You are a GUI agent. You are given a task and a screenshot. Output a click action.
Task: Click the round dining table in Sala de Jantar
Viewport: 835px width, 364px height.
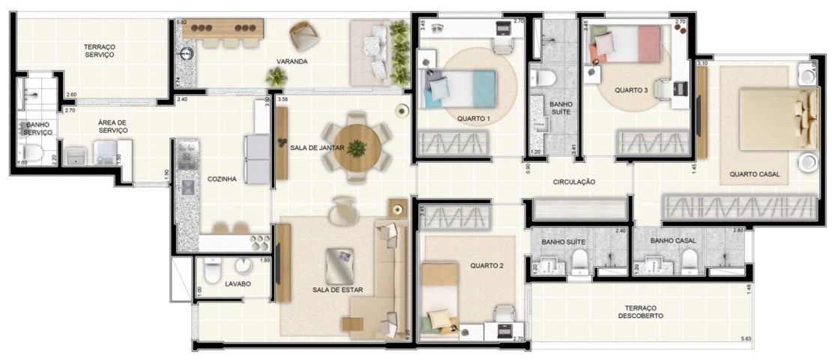click(x=358, y=148)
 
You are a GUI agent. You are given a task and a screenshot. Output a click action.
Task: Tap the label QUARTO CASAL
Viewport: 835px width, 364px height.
click(x=754, y=174)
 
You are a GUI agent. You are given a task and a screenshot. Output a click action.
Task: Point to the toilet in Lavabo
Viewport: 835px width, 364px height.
click(x=213, y=268)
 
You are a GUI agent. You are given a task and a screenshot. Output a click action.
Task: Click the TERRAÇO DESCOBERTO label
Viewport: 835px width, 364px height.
click(x=642, y=312)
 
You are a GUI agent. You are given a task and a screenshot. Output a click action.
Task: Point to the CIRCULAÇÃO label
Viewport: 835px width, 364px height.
click(x=573, y=182)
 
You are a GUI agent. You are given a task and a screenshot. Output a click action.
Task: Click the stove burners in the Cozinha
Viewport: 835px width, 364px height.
click(x=260, y=242)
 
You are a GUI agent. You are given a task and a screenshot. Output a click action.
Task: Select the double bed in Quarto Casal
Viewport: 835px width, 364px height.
click(x=776, y=119)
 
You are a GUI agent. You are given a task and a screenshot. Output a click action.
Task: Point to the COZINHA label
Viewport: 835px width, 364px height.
click(x=222, y=179)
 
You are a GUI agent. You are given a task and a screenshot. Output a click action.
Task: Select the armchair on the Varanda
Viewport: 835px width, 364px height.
click(x=304, y=35)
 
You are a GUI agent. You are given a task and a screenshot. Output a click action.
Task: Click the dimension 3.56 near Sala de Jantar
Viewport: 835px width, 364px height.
click(x=283, y=99)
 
